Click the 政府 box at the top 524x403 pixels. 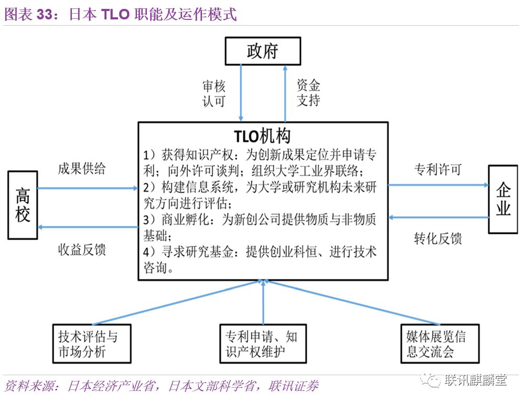[x=263, y=51]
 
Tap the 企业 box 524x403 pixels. [x=502, y=199]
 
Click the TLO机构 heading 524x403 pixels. [x=263, y=136]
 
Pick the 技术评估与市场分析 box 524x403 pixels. [x=92, y=343]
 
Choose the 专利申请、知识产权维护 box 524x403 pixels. [x=262, y=343]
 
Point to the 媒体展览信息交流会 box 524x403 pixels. [x=436, y=343]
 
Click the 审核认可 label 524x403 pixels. [x=214, y=93]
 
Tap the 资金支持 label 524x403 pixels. [x=308, y=93]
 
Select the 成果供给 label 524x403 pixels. [x=81, y=169]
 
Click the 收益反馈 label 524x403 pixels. [x=81, y=249]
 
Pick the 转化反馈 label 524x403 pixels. [x=438, y=238]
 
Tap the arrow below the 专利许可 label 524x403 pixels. [x=438, y=184]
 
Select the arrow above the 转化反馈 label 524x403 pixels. [x=438, y=217]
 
